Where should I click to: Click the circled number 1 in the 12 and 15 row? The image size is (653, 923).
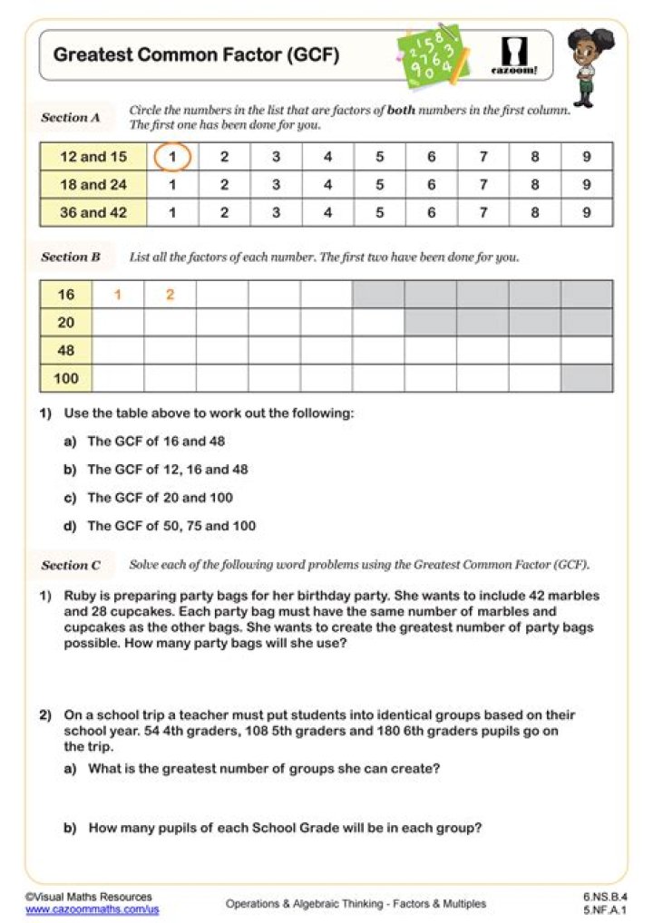pyautogui.click(x=172, y=157)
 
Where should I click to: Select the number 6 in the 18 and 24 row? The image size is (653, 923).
pyautogui.click(x=431, y=185)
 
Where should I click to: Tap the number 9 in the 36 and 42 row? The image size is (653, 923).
pyautogui.click(x=587, y=213)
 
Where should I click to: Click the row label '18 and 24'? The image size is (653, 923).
pyautogui.click(x=93, y=185)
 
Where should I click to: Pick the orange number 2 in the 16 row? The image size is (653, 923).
pyautogui.click(x=171, y=295)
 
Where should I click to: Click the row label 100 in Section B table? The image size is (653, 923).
pyautogui.click(x=66, y=378)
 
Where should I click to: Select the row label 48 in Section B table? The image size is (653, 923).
pyautogui.click(x=66, y=350)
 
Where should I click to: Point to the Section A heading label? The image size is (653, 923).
pyautogui.click(x=71, y=118)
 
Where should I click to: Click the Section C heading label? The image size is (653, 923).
pyautogui.click(x=71, y=565)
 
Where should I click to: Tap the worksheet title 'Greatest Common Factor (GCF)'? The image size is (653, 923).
pyautogui.click(x=196, y=54)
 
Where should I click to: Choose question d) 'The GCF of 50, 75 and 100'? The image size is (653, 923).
pyautogui.click(x=171, y=526)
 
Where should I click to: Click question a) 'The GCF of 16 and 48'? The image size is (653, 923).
pyautogui.click(x=156, y=442)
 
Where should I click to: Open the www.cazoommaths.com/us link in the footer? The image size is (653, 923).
pyautogui.click(x=92, y=908)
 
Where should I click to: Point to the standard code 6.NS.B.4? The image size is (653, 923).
pyautogui.click(x=605, y=897)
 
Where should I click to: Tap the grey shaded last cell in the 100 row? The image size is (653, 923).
pyautogui.click(x=587, y=378)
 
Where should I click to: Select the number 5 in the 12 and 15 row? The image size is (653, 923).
pyautogui.click(x=379, y=157)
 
